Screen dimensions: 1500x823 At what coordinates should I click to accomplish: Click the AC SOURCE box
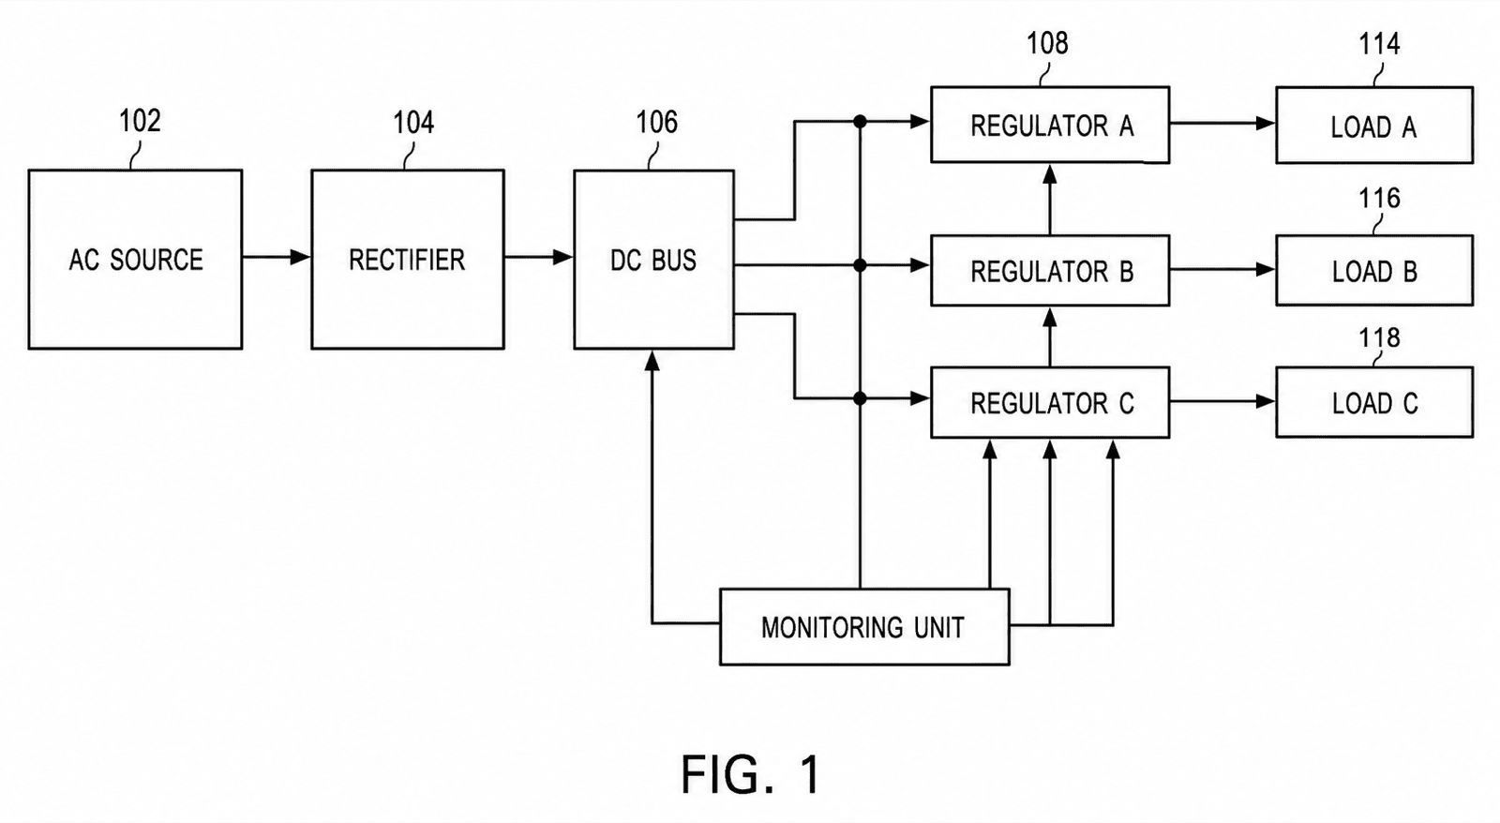pyautogui.click(x=135, y=259)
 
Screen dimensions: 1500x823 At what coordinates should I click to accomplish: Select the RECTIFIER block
pyautogui.click(x=408, y=259)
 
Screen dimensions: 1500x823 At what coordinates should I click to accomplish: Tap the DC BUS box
pyautogui.click(x=653, y=259)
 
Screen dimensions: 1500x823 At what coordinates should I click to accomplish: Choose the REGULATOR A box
pyautogui.click(x=1050, y=125)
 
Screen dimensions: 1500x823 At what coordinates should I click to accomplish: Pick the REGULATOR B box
pyautogui.click(x=1050, y=271)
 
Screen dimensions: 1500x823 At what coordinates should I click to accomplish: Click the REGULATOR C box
pyautogui.click(x=1050, y=402)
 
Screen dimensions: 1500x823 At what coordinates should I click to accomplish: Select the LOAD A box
pyautogui.click(x=1374, y=126)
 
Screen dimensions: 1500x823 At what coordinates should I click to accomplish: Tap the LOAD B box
pyautogui.click(x=1374, y=271)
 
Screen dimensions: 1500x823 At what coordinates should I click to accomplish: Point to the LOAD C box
pyautogui.click(x=1374, y=402)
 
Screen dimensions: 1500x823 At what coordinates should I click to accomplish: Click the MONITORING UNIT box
pyautogui.click(x=864, y=627)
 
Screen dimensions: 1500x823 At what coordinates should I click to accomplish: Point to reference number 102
pyautogui.click(x=140, y=121)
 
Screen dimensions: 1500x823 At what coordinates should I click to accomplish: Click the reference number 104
pyautogui.click(x=413, y=123)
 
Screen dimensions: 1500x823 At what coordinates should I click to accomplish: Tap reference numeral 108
pyautogui.click(x=1047, y=43)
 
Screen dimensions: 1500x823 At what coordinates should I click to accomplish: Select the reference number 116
pyautogui.click(x=1379, y=198)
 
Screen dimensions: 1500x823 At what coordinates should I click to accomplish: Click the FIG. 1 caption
pyautogui.click(x=751, y=774)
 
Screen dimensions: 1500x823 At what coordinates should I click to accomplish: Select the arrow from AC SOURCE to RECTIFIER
pyautogui.click(x=277, y=257)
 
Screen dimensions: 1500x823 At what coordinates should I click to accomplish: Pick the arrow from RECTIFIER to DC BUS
pyautogui.click(x=539, y=257)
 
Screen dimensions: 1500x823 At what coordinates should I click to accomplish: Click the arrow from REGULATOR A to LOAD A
pyautogui.click(x=1222, y=123)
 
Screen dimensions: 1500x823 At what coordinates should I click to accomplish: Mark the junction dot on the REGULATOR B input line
pyautogui.click(x=861, y=266)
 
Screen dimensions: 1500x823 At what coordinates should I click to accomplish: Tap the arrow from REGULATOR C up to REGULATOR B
pyautogui.click(x=1050, y=337)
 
